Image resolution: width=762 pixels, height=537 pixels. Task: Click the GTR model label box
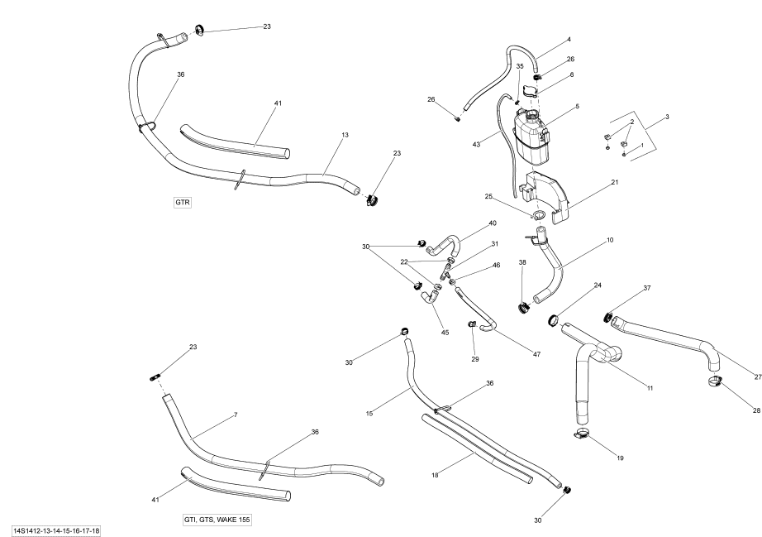(183, 203)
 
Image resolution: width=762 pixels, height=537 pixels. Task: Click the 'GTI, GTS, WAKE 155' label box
(217, 519)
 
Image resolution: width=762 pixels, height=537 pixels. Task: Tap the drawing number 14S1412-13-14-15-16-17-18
(56, 530)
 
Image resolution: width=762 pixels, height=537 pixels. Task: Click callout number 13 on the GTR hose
(345, 135)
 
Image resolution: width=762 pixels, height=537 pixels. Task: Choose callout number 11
(650, 387)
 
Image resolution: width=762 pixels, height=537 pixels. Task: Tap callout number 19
(620, 458)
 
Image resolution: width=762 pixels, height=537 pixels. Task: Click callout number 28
(757, 410)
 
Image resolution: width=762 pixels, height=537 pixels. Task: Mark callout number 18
(436, 475)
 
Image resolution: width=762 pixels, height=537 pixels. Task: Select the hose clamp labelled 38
(523, 309)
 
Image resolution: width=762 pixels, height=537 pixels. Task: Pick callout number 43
(477, 145)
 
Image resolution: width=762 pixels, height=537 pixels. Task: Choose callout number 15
(369, 389)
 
